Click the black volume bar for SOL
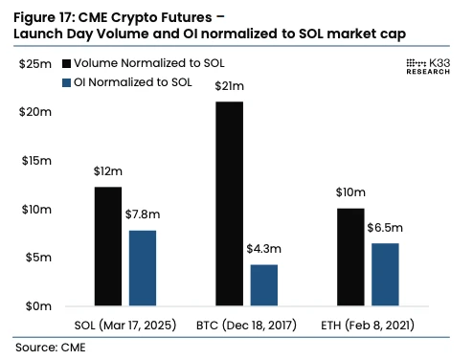pyautogui.click(x=108, y=246)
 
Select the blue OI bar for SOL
pyautogui.click(x=142, y=268)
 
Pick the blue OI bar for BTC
pyautogui.click(x=263, y=285)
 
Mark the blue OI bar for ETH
pyautogui.click(x=385, y=275)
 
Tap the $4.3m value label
pyautogui.click(x=264, y=248)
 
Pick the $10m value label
pyautogui.click(x=350, y=191)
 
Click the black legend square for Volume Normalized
pyautogui.click(x=66, y=63)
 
